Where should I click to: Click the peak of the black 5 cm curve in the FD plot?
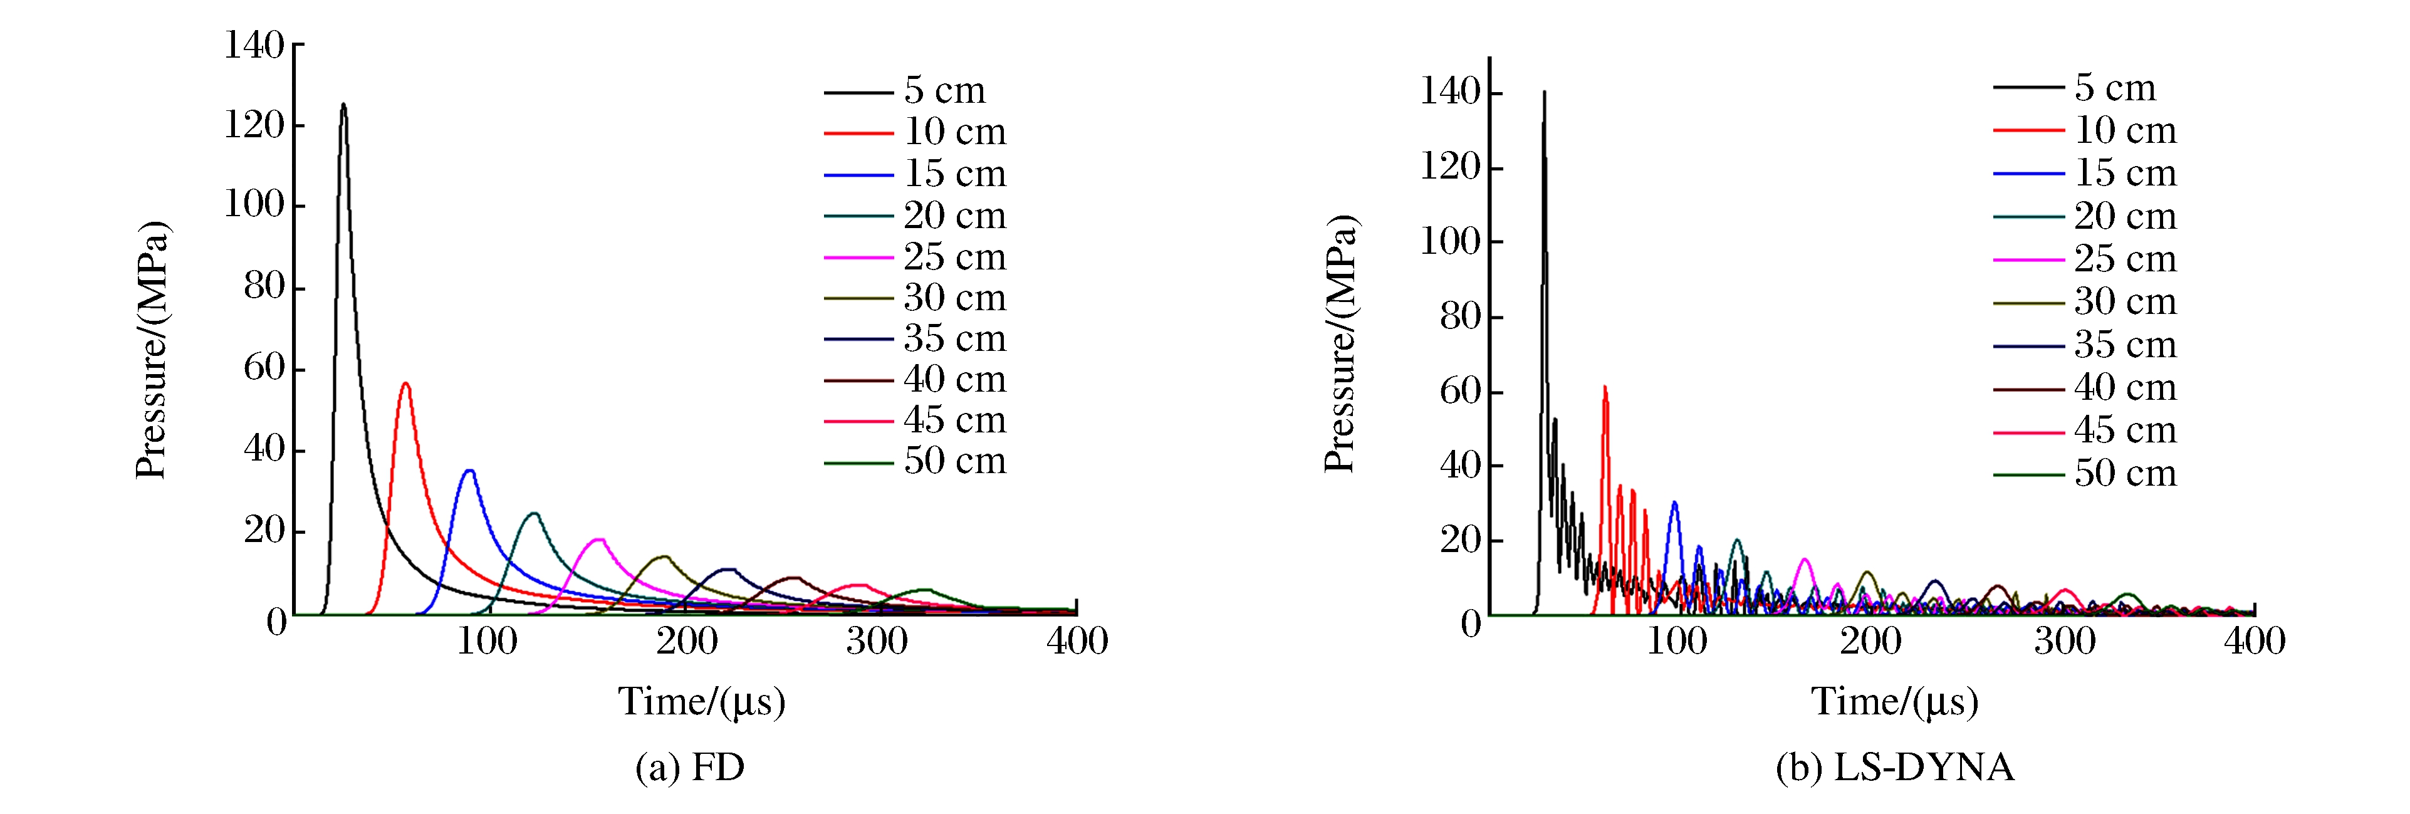(x=343, y=105)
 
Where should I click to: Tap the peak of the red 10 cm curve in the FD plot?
(x=405, y=384)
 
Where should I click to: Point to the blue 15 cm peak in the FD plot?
(x=469, y=471)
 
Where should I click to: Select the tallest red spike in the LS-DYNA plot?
(x=1605, y=387)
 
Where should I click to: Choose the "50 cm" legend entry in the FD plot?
(x=954, y=461)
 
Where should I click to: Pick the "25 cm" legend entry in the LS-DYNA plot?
(x=2125, y=259)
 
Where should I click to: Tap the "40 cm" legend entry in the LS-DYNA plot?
(x=2125, y=387)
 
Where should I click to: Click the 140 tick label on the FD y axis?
(x=254, y=45)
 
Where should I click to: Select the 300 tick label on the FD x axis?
(x=877, y=642)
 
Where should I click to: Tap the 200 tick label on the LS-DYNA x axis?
(x=1870, y=642)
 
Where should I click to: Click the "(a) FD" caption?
(x=689, y=767)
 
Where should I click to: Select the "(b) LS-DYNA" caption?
(x=1894, y=767)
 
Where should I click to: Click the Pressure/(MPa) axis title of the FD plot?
(x=152, y=351)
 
